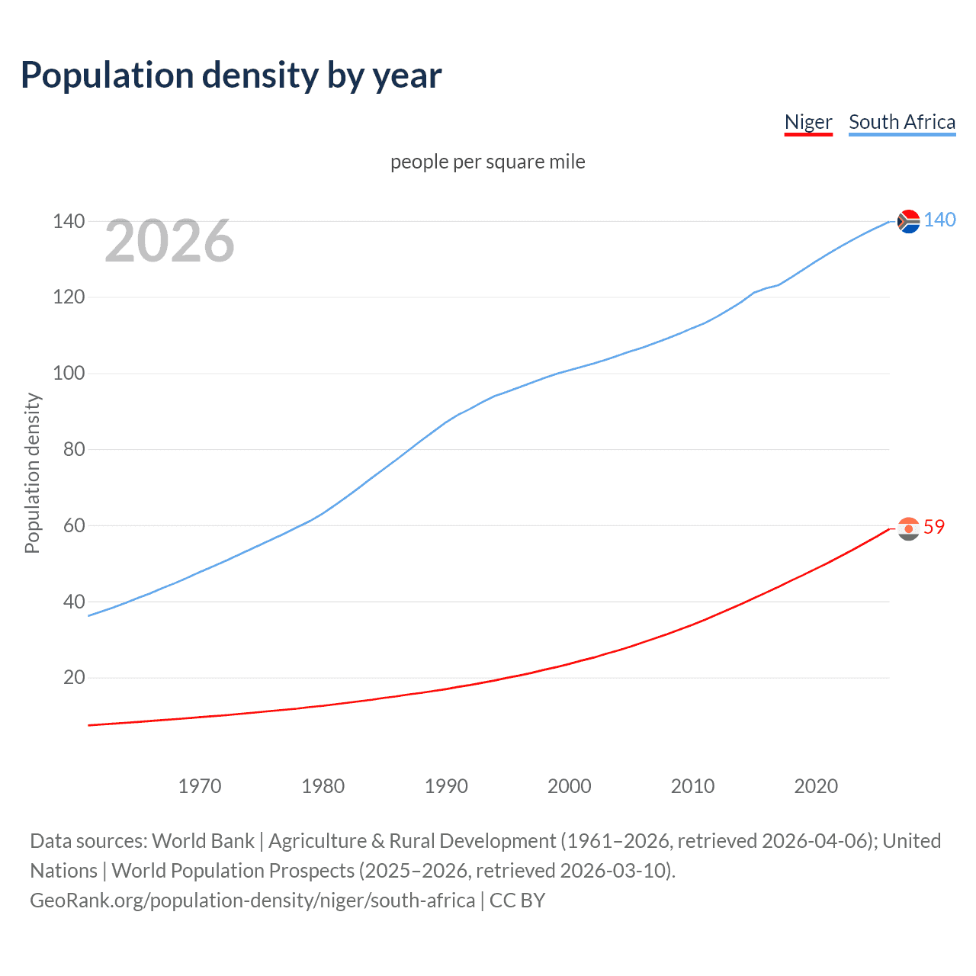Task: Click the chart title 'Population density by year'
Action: (231, 75)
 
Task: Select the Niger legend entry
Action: (808, 122)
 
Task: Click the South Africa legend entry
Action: (902, 122)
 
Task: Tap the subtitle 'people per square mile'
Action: (488, 162)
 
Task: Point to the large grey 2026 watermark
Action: (169, 241)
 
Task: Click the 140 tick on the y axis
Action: (69, 221)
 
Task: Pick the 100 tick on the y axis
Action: (69, 374)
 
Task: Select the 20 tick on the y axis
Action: (74, 677)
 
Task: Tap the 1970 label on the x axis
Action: (200, 786)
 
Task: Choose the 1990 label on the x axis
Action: (446, 786)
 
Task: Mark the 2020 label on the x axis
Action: (816, 786)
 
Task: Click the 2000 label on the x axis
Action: (570, 786)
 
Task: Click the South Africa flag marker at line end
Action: (908, 221)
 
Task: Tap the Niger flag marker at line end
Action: (908, 528)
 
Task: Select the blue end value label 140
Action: (939, 220)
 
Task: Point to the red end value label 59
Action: (934, 527)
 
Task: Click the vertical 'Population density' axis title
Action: (32, 473)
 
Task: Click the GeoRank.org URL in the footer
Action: (252, 901)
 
